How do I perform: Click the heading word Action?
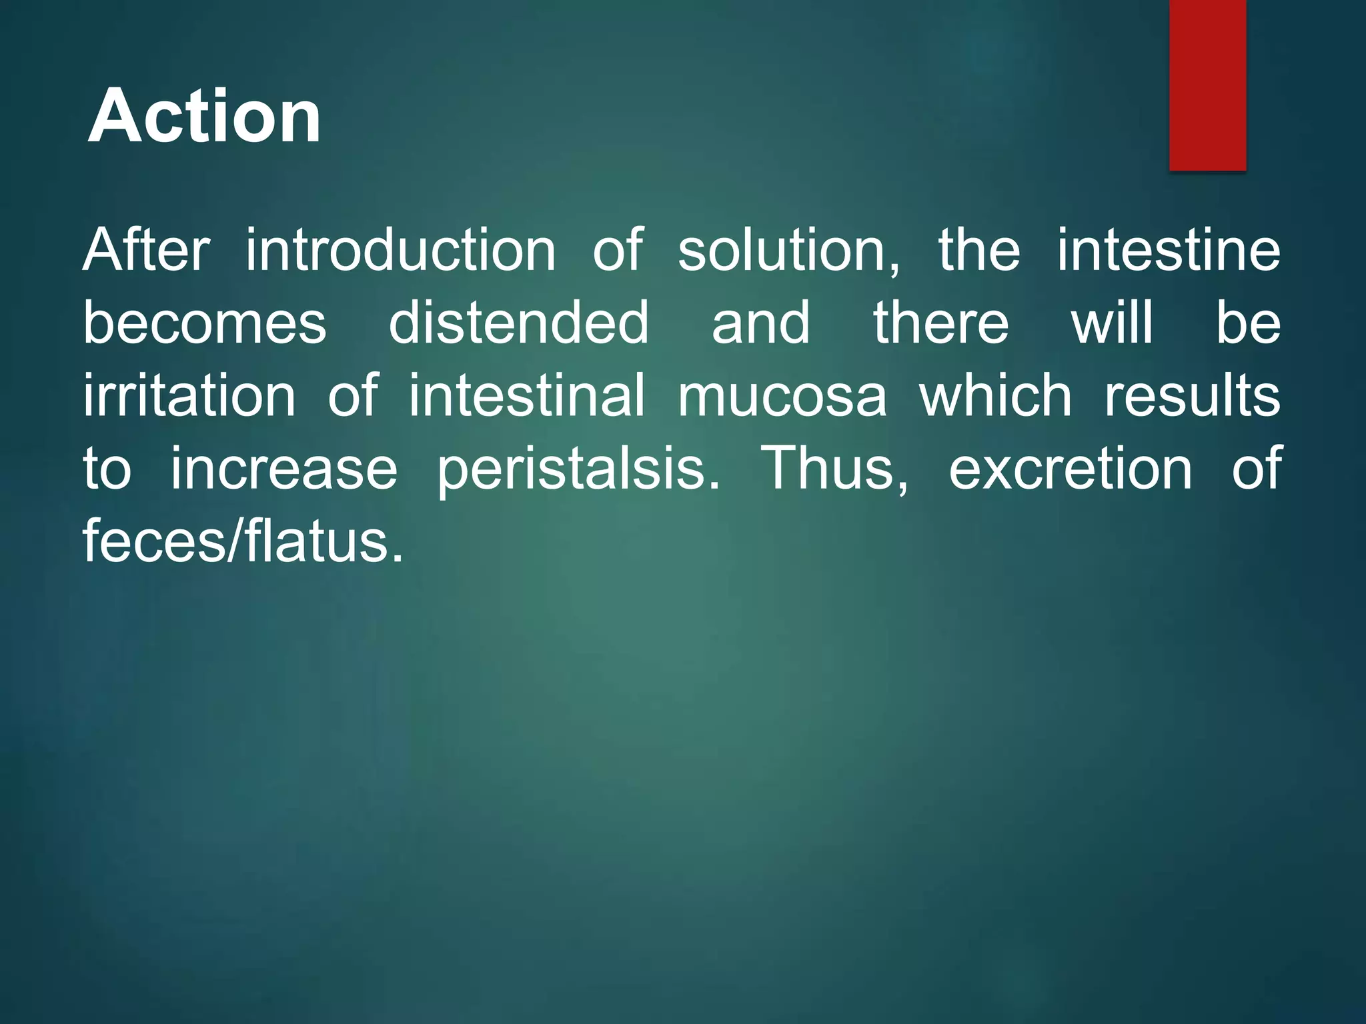click(x=205, y=117)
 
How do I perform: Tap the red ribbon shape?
click(x=1207, y=83)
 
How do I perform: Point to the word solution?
click(x=789, y=252)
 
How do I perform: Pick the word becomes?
click(x=205, y=323)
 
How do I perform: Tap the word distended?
click(x=518, y=323)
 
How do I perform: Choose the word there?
click(x=941, y=323)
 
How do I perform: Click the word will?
click(x=1112, y=323)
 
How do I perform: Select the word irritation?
click(x=189, y=396)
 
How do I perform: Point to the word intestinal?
click(x=527, y=396)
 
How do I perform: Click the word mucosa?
click(x=782, y=396)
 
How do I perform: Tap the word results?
click(x=1193, y=396)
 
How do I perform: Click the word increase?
click(x=284, y=469)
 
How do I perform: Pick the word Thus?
click(x=834, y=469)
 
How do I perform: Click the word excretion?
click(x=1071, y=469)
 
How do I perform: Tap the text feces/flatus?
click(x=243, y=541)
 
